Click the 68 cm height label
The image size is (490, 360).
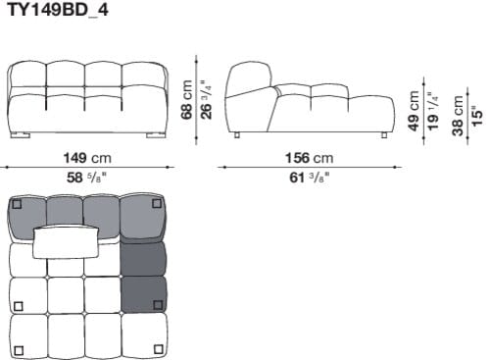coord(186,98)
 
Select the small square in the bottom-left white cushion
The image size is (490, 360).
coord(20,349)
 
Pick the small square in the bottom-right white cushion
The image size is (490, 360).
coord(158,349)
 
